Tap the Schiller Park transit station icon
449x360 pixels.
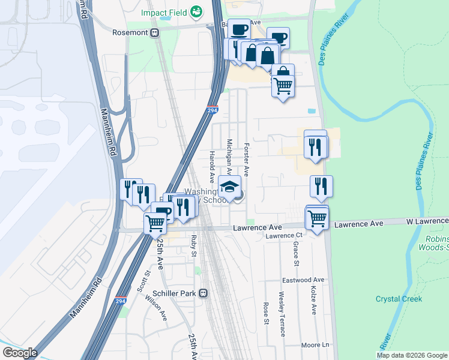(203, 293)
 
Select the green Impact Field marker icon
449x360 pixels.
(196, 11)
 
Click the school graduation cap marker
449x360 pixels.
(229, 186)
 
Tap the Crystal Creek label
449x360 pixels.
(399, 299)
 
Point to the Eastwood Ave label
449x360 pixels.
(303, 280)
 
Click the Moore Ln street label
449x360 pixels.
(316, 345)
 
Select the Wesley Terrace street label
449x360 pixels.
(282, 314)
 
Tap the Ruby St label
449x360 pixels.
(194, 245)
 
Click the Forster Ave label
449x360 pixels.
(246, 160)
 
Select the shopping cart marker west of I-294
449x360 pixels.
(155, 223)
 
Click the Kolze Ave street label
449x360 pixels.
(313, 300)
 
